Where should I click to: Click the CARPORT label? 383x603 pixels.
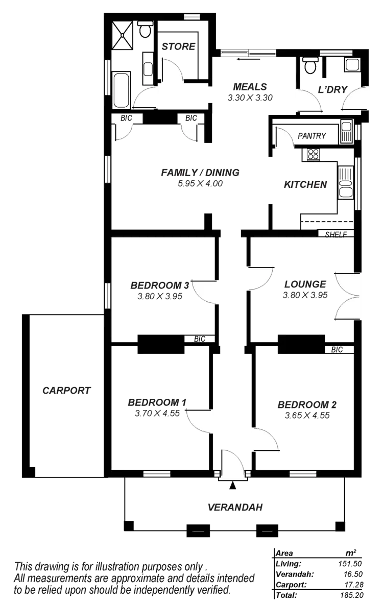66,391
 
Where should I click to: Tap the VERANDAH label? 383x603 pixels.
235,507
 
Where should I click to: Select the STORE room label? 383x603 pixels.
178,46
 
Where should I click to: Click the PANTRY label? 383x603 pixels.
312,136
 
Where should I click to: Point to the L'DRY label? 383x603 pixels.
332,90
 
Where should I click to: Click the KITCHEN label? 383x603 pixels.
305,185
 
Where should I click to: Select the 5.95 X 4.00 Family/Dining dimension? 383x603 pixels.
200,183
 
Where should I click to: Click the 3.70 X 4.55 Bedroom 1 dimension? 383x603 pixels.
157,414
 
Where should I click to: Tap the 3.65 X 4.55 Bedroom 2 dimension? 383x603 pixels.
307,416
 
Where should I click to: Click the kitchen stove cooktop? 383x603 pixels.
312,154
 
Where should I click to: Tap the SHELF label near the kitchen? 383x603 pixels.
336,234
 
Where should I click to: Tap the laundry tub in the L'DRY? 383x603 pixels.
351,65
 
